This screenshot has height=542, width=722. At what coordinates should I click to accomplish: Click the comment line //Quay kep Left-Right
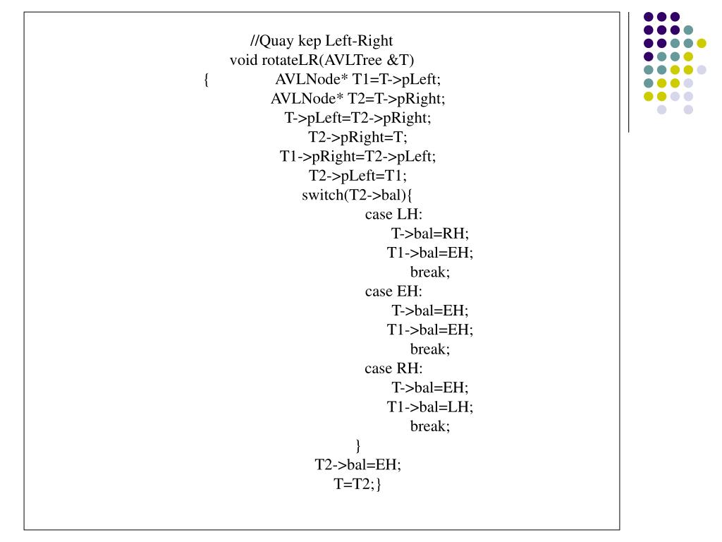click(326, 42)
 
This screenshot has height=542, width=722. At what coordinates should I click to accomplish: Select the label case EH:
click(393, 291)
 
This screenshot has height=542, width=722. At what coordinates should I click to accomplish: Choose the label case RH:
click(393, 368)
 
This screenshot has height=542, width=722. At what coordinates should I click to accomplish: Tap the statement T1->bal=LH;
click(430, 406)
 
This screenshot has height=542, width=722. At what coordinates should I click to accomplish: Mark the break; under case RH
click(430, 426)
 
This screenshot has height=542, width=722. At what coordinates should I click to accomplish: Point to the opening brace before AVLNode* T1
click(206, 80)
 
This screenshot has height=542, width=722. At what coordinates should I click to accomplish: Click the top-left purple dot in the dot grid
click(648, 16)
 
